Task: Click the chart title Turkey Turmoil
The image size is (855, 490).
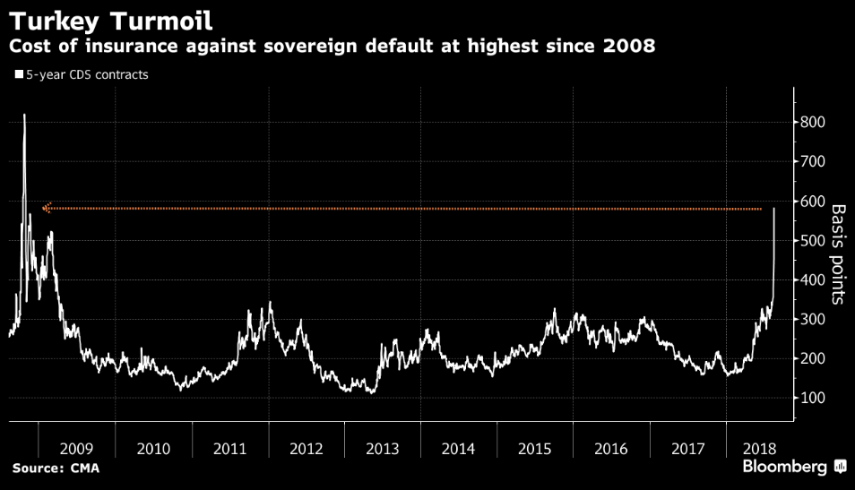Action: click(117, 18)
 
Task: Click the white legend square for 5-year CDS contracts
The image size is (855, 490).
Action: click(18, 75)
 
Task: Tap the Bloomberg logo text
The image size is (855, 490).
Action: click(784, 468)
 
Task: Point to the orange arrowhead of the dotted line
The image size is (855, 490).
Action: click(47, 209)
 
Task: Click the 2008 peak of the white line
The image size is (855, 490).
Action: click(24, 115)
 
